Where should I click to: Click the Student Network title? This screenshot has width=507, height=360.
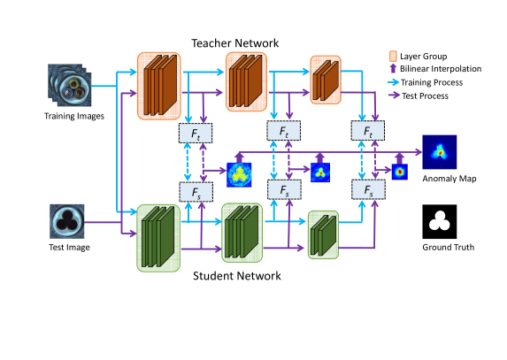point(237,276)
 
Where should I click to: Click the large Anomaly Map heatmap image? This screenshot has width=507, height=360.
point(440,154)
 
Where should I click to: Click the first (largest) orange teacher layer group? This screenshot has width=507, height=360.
point(158,86)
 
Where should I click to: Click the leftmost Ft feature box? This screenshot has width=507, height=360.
point(194,132)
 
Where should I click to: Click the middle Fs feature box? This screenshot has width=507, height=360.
point(281,190)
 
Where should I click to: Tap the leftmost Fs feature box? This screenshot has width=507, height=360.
point(194,190)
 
